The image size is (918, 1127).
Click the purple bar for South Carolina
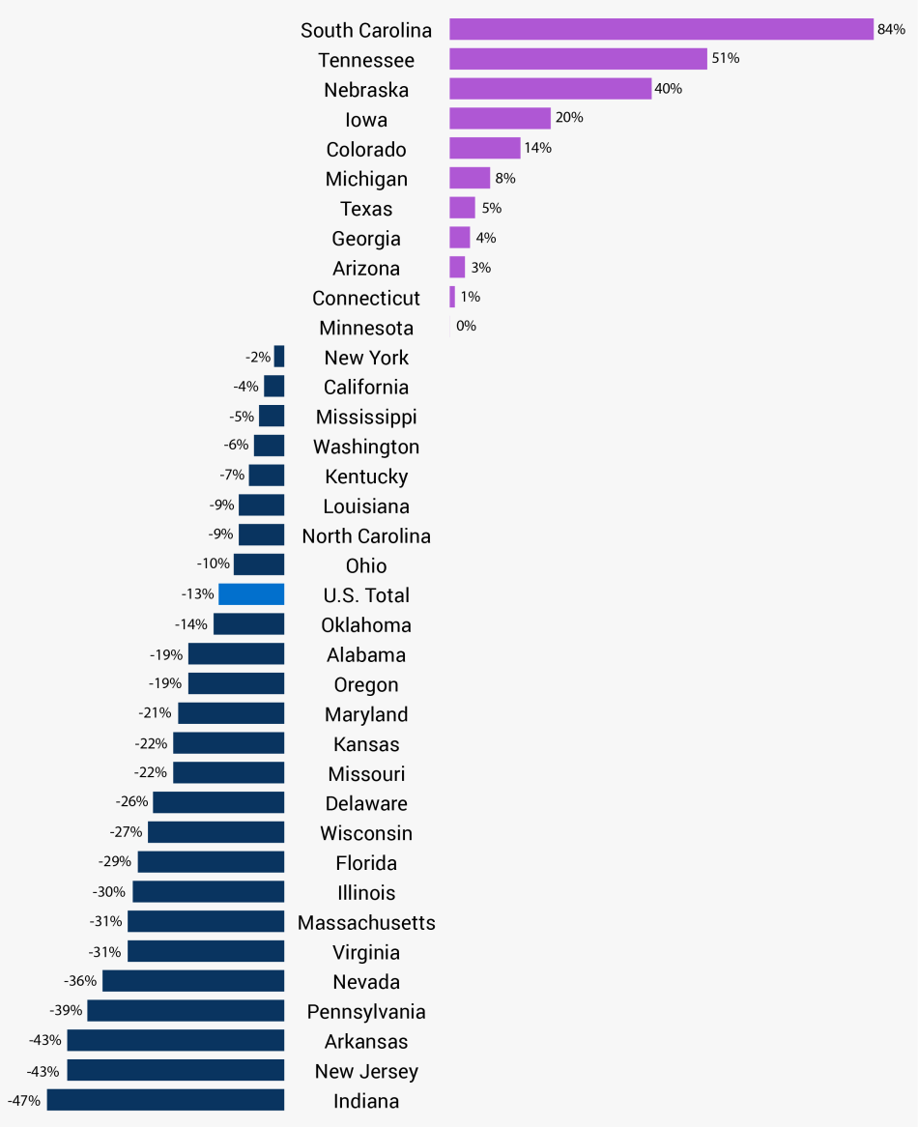(x=661, y=30)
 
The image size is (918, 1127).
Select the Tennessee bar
(x=578, y=60)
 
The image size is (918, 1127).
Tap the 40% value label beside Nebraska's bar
(x=669, y=89)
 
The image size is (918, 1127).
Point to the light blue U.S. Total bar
(x=251, y=594)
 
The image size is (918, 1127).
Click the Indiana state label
(x=366, y=1101)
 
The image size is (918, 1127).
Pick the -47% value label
(x=24, y=1100)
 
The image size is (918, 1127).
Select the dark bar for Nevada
(x=193, y=981)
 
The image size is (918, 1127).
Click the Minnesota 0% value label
(x=466, y=327)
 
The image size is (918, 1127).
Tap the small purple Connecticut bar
(x=452, y=297)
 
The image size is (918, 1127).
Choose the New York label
(x=366, y=358)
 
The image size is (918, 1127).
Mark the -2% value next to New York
(x=258, y=358)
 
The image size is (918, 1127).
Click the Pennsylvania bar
(x=186, y=1011)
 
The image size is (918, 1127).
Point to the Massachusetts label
(x=366, y=923)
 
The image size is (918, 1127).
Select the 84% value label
(x=891, y=30)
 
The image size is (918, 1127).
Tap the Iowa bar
(x=500, y=119)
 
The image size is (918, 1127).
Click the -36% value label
(x=80, y=981)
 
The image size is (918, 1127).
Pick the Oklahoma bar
(x=248, y=624)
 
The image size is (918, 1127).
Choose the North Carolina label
(x=366, y=536)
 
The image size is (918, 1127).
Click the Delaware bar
(x=218, y=803)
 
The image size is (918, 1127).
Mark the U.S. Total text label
(x=366, y=595)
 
